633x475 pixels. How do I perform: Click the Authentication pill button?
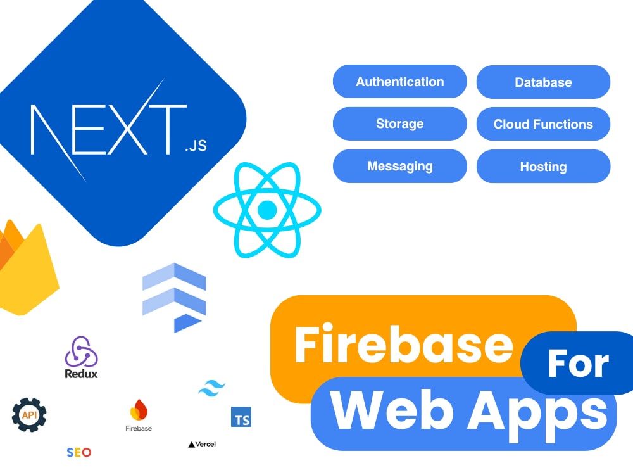[399, 82]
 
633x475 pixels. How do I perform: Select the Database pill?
[543, 82]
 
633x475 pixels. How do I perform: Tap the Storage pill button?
[399, 123]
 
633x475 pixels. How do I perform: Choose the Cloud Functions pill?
[543, 124]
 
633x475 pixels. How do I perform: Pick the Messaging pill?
[399, 166]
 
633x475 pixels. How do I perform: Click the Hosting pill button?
[543, 167]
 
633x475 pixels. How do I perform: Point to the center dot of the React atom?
[267, 210]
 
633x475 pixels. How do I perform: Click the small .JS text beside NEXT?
[196, 146]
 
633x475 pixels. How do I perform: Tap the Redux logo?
[81, 357]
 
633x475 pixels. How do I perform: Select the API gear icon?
[29, 415]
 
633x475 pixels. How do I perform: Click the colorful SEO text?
[79, 452]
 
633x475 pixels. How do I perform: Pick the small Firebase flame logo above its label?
[139, 410]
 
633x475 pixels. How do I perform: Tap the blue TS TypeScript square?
[241, 417]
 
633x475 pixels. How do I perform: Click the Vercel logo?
[202, 445]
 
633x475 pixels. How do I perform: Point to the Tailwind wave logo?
[211, 388]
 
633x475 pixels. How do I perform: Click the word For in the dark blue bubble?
[578, 364]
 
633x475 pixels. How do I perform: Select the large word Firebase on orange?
[404, 345]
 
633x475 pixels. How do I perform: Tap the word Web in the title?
[392, 411]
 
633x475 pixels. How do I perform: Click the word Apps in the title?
[537, 416]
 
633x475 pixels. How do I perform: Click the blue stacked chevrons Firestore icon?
[175, 298]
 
